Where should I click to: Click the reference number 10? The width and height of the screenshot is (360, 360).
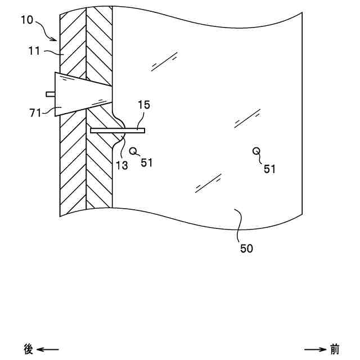(26, 20)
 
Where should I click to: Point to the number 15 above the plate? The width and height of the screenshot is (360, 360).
(143, 105)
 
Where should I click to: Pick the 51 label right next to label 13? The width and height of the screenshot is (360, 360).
(146, 163)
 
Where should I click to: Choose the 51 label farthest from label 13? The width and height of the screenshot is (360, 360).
(269, 169)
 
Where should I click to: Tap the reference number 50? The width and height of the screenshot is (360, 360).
(246, 248)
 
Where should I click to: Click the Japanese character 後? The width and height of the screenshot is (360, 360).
(29, 349)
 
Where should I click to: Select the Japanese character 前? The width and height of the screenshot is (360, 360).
(335, 349)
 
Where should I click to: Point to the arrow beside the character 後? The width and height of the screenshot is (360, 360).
(48, 349)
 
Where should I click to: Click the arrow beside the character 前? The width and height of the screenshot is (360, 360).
(316, 349)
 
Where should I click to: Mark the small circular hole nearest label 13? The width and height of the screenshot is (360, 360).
(133, 150)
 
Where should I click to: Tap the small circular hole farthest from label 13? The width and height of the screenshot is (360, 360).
(256, 150)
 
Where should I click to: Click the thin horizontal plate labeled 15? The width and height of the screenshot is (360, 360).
(118, 130)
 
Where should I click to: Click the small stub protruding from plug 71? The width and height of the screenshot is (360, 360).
(50, 94)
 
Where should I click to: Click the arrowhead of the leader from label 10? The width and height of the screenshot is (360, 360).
(55, 40)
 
